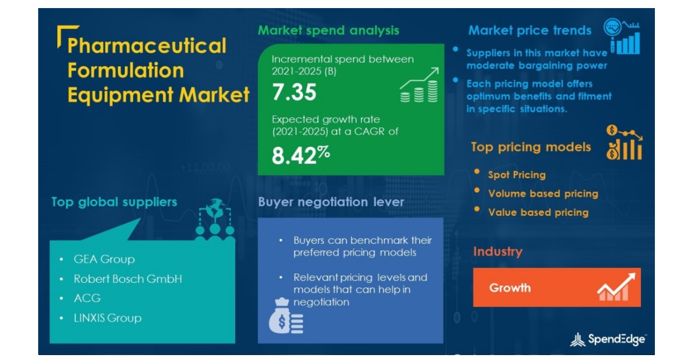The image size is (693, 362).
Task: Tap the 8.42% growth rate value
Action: click(300, 155)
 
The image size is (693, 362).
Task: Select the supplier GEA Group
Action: click(104, 259)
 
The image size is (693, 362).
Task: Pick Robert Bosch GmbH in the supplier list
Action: click(128, 279)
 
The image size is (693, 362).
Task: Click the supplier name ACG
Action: click(87, 298)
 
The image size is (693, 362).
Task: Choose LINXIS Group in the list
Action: click(107, 318)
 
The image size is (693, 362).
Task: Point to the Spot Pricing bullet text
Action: click(516, 175)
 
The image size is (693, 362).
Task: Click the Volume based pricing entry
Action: click(543, 194)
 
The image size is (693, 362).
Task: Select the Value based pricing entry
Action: click(538, 212)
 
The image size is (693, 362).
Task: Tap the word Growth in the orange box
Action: click(510, 288)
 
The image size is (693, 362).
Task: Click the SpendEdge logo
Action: click(608, 339)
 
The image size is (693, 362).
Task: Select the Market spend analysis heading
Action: click(328, 31)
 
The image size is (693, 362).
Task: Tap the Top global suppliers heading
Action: click(114, 202)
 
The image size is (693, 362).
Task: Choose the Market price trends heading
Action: click(530, 31)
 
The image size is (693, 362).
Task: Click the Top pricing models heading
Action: click(531, 147)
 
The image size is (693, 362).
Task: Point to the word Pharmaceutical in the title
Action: click(147, 46)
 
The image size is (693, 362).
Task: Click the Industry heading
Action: click(497, 252)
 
